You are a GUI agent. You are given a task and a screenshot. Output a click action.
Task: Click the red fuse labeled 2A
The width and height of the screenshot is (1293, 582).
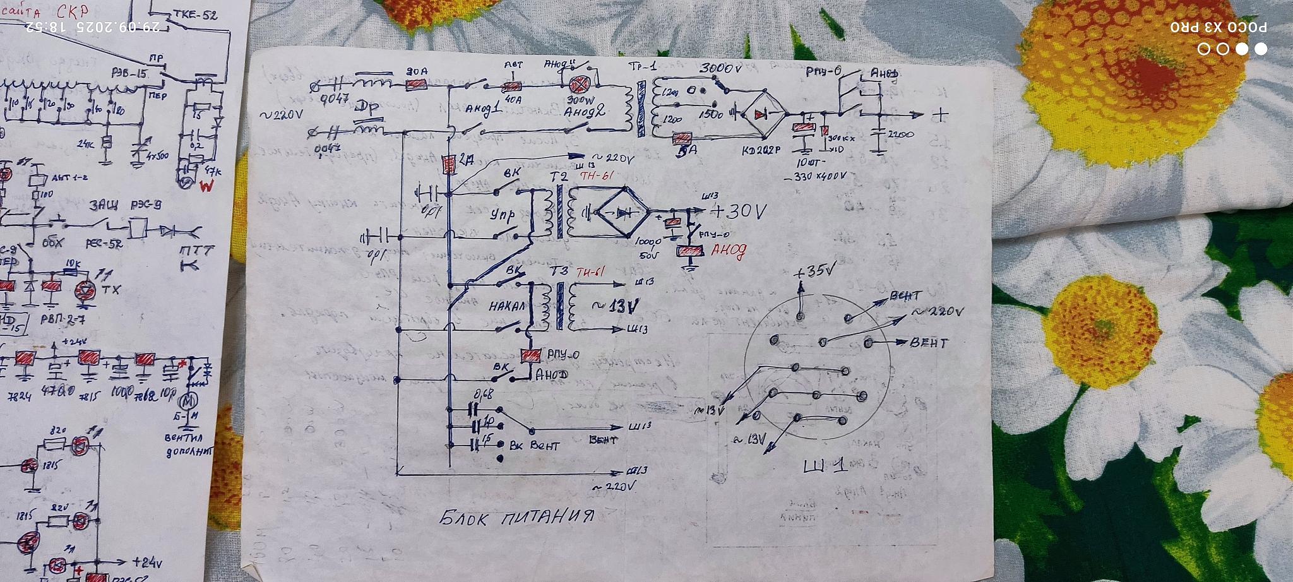coord(450,164)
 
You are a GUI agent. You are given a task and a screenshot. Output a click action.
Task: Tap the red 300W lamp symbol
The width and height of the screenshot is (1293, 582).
coord(578,85)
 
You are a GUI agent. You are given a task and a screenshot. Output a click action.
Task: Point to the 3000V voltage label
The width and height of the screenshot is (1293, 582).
coord(720,68)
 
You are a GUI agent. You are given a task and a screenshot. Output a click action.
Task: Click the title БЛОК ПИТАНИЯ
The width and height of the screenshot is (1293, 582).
coord(516,518)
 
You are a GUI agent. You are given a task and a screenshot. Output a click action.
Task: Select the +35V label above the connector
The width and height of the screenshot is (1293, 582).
coord(814,272)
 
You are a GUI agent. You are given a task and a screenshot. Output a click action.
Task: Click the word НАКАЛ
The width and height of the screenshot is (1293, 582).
coord(507,307)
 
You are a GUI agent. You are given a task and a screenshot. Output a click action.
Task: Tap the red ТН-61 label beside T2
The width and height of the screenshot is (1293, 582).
coord(596,176)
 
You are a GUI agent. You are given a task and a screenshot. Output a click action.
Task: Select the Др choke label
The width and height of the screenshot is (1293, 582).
coord(366,108)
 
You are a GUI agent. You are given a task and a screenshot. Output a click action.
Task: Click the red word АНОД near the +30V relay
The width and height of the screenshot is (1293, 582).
coord(728,251)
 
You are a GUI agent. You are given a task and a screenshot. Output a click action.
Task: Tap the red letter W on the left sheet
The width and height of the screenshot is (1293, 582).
coord(206,186)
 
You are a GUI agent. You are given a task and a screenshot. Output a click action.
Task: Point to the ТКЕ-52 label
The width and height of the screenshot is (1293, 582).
coord(196,15)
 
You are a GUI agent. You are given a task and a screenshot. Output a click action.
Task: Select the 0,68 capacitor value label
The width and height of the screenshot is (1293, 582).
coord(483,395)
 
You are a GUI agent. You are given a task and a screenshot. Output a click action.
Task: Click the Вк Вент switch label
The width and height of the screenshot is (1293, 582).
coord(535,446)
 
